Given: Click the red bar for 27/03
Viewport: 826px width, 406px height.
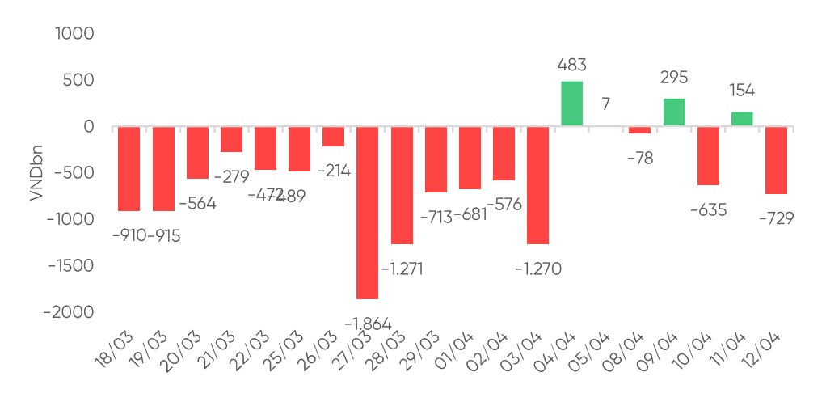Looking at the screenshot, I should [368, 213].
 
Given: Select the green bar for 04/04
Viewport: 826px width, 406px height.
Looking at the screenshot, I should [571, 104].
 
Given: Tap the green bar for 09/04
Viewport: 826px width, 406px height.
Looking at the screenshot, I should [674, 112].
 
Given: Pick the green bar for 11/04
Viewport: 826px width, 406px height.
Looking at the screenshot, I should [742, 119].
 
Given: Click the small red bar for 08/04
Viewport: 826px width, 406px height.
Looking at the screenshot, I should [640, 130].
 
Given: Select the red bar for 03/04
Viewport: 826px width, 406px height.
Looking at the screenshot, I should [537, 185].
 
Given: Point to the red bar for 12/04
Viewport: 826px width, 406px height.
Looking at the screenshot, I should [776, 160].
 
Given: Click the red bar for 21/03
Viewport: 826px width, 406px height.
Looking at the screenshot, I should [232, 139].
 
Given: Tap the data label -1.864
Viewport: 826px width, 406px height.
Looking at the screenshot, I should [368, 324].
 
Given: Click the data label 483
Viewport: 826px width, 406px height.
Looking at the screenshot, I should [571, 65].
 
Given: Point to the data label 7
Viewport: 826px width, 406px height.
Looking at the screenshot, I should [605, 104].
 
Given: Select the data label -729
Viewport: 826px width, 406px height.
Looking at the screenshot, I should [776, 218].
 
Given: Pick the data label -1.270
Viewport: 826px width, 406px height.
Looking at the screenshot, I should [537, 269].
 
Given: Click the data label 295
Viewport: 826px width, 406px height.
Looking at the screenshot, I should [674, 78].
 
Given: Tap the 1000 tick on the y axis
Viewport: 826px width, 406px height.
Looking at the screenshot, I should [74, 34].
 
